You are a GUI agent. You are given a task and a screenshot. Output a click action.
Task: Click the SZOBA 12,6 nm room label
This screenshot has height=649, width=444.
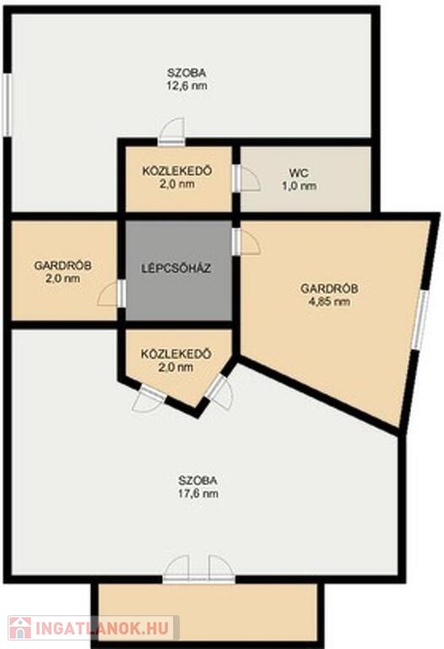[x=187, y=79]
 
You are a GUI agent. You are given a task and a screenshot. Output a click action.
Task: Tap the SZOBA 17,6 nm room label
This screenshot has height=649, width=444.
[x=198, y=487]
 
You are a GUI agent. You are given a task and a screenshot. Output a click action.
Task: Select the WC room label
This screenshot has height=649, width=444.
[x=300, y=179]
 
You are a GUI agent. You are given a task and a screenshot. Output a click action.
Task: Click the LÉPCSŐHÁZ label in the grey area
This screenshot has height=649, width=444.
[x=176, y=268]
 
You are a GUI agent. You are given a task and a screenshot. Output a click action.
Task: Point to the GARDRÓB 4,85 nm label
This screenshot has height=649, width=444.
[x=329, y=295]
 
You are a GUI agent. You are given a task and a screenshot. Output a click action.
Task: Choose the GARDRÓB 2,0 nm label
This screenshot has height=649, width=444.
[x=62, y=271]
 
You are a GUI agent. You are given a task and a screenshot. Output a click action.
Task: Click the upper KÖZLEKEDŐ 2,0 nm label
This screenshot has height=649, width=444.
[x=177, y=177]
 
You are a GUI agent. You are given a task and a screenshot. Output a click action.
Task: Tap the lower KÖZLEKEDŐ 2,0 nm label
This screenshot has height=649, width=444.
[x=176, y=361]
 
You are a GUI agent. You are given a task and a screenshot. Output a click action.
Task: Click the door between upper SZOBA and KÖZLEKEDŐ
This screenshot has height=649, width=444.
[x=171, y=133]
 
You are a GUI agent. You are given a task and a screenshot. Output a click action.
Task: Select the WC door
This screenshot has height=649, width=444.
[x=246, y=179]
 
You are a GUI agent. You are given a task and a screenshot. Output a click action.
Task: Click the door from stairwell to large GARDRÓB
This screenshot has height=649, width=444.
[x=246, y=243]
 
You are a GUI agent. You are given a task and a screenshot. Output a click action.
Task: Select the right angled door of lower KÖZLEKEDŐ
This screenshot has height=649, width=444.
[x=221, y=392]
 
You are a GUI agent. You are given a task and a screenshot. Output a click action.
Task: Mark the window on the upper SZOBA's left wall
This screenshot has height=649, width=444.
[x=7, y=105]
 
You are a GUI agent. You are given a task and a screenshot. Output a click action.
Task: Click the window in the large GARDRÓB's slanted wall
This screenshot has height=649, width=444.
[x=420, y=318]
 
